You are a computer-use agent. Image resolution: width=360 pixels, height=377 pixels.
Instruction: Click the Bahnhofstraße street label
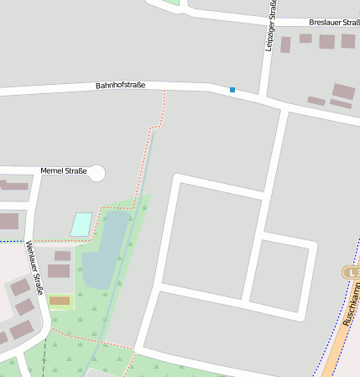[x=121, y=85]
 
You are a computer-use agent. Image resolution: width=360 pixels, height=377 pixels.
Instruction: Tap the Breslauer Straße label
[x=334, y=22]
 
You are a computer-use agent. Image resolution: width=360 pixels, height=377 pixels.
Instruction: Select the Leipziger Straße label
[x=271, y=25]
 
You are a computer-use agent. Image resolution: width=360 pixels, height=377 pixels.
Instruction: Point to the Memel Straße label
[x=64, y=171]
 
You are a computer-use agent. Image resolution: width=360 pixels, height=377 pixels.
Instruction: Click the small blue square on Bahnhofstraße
[x=232, y=89]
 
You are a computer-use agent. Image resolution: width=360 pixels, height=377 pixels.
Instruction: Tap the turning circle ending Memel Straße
[x=97, y=173]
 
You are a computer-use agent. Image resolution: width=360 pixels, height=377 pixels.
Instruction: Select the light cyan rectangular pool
[x=81, y=224]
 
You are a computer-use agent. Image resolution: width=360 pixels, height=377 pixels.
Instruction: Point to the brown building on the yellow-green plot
[x=60, y=301]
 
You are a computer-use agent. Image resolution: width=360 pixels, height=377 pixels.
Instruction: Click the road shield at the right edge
[x=352, y=273]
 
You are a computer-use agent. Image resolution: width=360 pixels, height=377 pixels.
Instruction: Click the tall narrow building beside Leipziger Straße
[x=285, y=45]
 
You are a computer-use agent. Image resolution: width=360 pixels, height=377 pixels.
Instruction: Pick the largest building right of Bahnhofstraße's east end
[x=343, y=91]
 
